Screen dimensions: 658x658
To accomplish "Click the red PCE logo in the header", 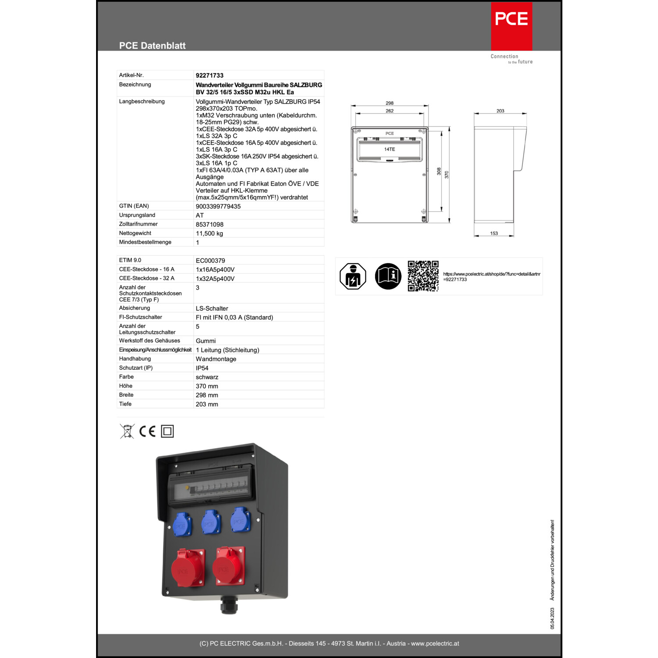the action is click(511, 26).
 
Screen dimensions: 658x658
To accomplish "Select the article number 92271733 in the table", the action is click(210, 75).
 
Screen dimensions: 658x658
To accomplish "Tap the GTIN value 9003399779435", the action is click(218, 206).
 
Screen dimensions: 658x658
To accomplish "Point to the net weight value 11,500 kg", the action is click(209, 233).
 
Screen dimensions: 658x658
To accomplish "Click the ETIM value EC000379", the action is click(210, 261).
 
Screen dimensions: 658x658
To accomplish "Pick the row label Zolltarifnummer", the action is click(138, 224).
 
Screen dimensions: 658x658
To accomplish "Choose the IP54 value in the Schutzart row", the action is click(202, 368).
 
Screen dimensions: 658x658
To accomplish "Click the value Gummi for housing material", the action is click(206, 341).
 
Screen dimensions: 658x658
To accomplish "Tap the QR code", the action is click(423, 276).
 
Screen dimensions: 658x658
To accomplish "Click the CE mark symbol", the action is click(147, 432).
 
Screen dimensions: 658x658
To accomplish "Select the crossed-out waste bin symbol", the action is click(127, 431).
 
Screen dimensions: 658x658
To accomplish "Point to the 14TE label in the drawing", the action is click(390, 149).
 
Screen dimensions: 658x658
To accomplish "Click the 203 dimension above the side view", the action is click(501, 111).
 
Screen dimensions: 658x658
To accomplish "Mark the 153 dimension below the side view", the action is click(494, 233).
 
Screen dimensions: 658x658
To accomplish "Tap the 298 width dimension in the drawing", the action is click(390, 103).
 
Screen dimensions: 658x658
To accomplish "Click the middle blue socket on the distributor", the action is click(211, 522).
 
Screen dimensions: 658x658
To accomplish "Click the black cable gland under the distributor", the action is click(229, 604).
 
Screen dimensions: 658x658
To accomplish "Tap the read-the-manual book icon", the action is click(388, 276).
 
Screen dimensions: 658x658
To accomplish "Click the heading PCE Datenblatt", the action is click(152, 46).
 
